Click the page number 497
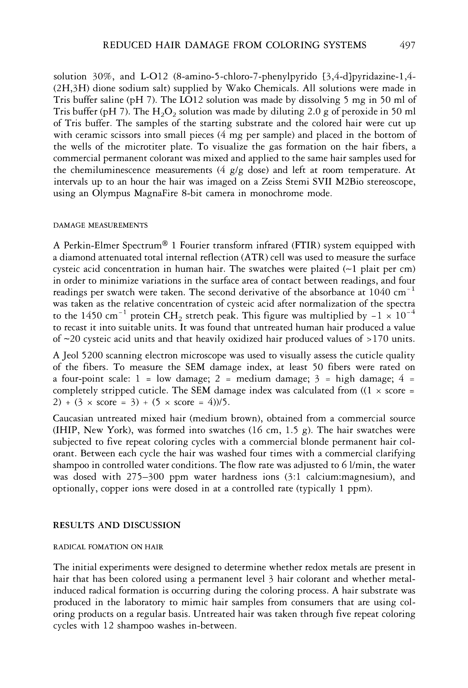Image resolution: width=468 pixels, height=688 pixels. coord(407,45)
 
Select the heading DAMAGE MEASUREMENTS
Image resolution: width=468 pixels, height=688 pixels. coord(100,225)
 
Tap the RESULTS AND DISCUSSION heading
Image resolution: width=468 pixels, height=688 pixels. coord(116,525)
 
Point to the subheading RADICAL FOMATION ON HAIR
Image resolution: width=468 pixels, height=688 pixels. coord(108,547)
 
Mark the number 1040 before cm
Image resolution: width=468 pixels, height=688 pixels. coord(380,292)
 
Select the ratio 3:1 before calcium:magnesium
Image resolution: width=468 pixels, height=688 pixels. coord(295,477)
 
